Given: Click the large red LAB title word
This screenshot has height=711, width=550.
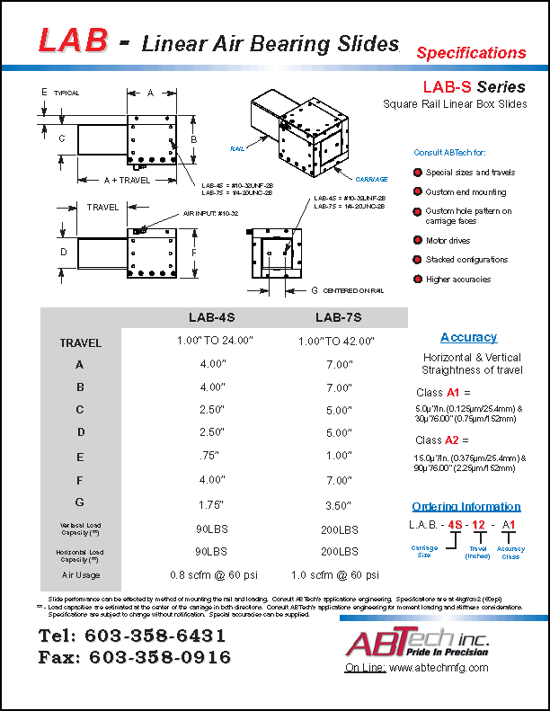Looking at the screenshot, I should (x=74, y=40).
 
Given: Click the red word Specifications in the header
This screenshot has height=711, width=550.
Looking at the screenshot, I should (x=471, y=53).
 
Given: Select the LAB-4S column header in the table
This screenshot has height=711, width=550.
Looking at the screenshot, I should (x=212, y=317).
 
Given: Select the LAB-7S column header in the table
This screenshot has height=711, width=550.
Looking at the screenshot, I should (x=339, y=317).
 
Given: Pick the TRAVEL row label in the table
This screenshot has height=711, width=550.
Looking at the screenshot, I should (x=81, y=342).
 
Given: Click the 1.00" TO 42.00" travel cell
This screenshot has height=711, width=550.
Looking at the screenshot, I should (x=339, y=342).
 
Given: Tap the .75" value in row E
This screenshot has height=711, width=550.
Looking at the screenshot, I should (x=212, y=456).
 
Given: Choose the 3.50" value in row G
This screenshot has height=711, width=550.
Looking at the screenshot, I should (x=339, y=502).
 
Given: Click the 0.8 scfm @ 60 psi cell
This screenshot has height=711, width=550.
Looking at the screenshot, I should (x=212, y=574).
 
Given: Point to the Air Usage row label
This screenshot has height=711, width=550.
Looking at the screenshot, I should (x=81, y=574).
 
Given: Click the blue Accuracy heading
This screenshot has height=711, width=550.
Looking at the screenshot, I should (x=468, y=337).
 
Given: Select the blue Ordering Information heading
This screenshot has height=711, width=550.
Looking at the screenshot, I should (x=466, y=506).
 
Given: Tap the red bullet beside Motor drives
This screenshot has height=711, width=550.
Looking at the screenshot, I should (x=418, y=240).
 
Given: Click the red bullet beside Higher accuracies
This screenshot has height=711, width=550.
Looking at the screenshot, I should (x=418, y=280).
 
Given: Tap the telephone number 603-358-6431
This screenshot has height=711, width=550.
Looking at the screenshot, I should (x=157, y=636).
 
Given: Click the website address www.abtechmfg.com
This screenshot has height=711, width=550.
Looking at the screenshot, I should (x=439, y=668).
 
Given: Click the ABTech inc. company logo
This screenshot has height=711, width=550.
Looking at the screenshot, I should (x=415, y=643).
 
